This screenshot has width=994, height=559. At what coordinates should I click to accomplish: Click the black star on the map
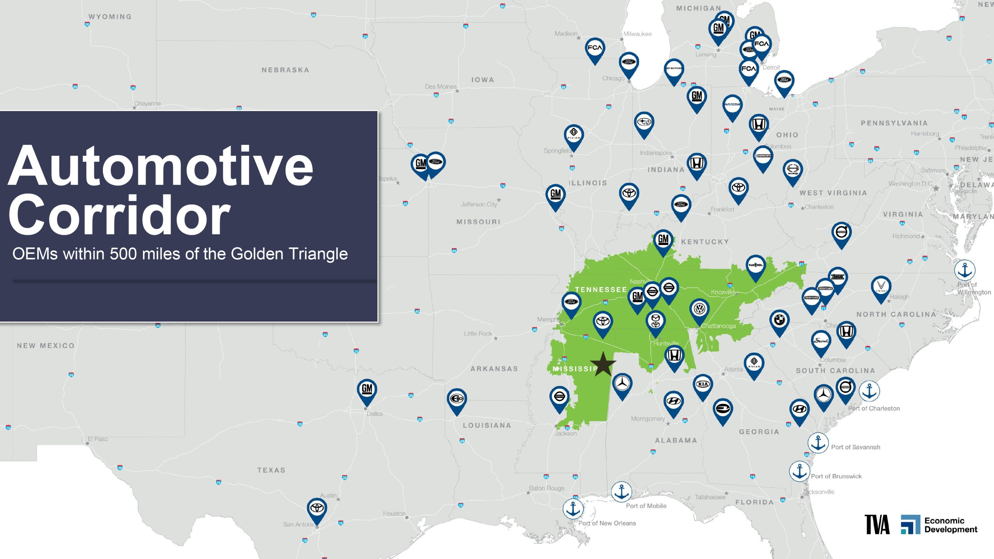click(603, 365)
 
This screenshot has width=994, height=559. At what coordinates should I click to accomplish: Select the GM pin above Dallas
click(367, 389)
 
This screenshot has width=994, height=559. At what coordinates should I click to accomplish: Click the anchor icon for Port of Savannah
click(818, 443)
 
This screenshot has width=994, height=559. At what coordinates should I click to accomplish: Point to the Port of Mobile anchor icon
click(621, 492)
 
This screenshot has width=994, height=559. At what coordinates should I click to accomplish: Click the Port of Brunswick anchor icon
click(799, 472)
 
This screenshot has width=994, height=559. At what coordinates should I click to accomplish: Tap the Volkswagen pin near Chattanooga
click(699, 310)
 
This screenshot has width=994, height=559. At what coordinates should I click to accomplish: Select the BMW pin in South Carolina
click(779, 321)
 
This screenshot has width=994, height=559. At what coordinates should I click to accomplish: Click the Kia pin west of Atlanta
click(703, 385)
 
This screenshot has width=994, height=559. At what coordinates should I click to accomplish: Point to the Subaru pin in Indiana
click(644, 123)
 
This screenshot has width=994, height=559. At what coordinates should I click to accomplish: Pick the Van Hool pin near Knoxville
click(755, 266)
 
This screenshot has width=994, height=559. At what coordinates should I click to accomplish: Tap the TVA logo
click(877, 525)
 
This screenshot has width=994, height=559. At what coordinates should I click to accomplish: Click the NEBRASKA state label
click(285, 70)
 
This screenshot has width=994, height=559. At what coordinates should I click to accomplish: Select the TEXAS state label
click(271, 470)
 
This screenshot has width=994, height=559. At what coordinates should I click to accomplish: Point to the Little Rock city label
click(478, 334)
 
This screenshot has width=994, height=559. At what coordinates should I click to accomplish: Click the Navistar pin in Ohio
click(732, 105)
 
